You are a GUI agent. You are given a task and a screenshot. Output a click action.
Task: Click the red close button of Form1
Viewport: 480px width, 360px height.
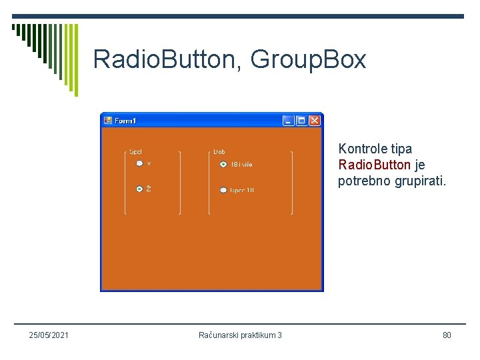[315, 121]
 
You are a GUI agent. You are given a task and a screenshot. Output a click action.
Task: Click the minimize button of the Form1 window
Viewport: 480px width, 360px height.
[288, 121]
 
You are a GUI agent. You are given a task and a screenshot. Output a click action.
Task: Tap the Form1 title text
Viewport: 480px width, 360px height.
[125, 121]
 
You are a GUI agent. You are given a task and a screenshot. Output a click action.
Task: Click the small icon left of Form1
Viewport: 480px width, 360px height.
[108, 121]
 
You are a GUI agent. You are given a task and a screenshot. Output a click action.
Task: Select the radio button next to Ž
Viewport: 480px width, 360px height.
[139, 189]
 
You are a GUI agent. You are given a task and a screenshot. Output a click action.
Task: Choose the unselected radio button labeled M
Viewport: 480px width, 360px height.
[139, 163]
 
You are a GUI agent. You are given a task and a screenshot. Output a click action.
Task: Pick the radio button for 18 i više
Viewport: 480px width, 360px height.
[223, 164]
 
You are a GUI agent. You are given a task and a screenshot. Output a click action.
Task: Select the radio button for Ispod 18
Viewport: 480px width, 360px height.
[223, 191]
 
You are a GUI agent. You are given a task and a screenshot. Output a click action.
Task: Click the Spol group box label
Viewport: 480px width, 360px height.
[135, 152]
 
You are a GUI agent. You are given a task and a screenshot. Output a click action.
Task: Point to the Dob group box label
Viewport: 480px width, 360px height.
[219, 152]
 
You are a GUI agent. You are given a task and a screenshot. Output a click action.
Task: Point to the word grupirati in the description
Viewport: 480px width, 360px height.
[419, 181]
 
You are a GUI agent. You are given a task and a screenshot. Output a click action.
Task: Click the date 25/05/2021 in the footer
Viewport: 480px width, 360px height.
[49, 335]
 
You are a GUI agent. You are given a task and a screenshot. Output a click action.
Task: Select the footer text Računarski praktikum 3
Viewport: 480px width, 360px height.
[240, 335]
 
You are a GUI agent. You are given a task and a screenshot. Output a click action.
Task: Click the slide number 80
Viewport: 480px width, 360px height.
[447, 335]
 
